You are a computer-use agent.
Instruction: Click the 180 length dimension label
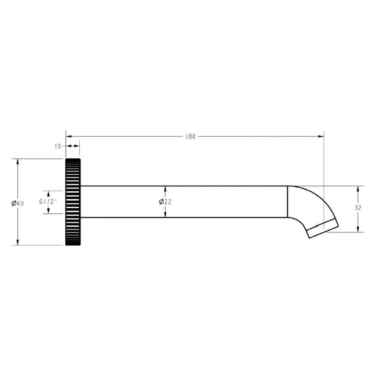[x=191, y=137]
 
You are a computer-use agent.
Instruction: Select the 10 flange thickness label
[x=58, y=146]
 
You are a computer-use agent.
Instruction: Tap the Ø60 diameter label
[x=18, y=203]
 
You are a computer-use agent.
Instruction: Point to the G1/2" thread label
[x=48, y=201]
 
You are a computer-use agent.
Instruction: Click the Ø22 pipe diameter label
[x=165, y=201]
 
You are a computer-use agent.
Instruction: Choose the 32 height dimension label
[x=358, y=208]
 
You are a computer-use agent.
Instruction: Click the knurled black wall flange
[x=73, y=202]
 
